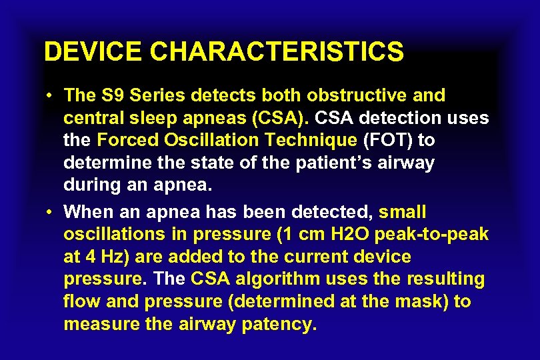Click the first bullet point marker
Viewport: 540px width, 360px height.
tap(51, 96)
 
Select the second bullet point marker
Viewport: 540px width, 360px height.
tap(51, 213)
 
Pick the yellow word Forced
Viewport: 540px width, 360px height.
tap(127, 141)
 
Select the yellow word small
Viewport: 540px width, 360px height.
tap(402, 212)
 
